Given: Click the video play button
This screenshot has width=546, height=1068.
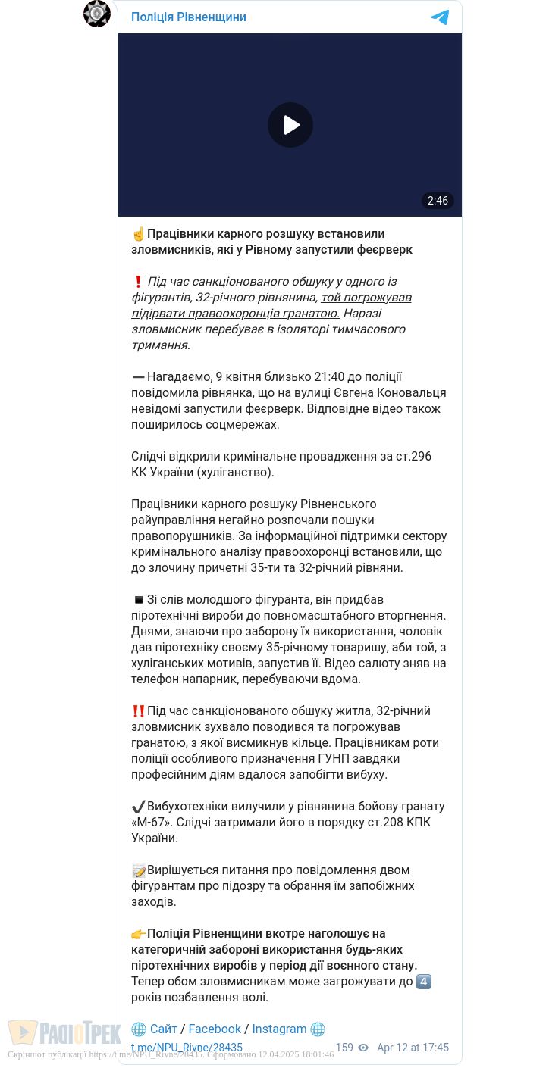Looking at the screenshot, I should pos(290,125).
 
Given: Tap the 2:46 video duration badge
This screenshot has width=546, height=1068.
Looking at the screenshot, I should pos(438,201).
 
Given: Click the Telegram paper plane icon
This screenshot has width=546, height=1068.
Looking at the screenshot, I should pos(440,17).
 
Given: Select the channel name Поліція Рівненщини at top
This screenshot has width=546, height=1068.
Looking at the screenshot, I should pos(189,17).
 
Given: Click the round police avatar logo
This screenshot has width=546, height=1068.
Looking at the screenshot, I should pos(97,14).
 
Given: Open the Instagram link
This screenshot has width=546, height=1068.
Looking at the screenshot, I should pos(279,1029).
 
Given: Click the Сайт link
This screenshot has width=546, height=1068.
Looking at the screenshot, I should pos(163,1029).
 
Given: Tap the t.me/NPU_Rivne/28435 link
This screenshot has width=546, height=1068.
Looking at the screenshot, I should pos(187,1048).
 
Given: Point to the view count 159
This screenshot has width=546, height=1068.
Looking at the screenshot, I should pos(344,1048).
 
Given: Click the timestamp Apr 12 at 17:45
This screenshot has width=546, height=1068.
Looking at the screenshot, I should pos(413,1048).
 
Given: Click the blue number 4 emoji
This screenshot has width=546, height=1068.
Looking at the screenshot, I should pos(425,982).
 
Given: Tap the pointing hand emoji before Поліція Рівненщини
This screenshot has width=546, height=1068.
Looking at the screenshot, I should pos(139,934).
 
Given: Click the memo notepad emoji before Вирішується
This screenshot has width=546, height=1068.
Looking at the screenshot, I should pos(139,870).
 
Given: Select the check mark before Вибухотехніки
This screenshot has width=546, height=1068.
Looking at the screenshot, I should pos(139,807).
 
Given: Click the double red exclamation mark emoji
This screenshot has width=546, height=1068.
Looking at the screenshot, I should pos(139,711).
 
